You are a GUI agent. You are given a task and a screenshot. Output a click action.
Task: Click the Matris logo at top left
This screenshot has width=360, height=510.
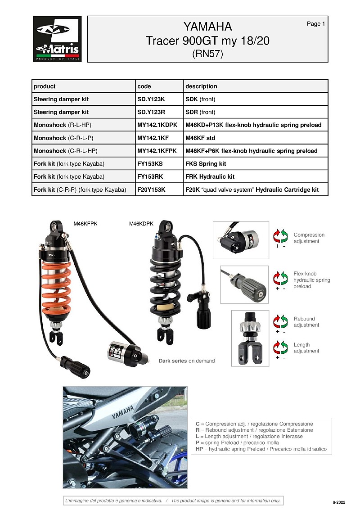click(x=57, y=39)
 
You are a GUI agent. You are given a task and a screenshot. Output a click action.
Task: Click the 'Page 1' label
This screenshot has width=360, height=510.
click(x=315, y=24)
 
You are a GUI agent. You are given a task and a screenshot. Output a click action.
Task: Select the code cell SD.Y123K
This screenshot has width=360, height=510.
click(x=151, y=99)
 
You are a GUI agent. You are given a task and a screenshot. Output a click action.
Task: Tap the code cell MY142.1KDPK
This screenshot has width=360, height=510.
click(x=157, y=125)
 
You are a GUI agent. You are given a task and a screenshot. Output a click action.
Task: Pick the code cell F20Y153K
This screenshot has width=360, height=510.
click(x=151, y=190)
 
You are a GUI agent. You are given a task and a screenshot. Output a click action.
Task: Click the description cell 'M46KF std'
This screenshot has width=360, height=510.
click(x=200, y=138)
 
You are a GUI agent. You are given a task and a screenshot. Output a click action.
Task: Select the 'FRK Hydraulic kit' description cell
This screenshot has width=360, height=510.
click(x=210, y=176)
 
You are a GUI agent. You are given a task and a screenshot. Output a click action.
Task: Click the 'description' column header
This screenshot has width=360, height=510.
click(x=201, y=86)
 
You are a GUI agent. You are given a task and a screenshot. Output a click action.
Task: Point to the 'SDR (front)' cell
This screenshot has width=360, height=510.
click(x=200, y=112)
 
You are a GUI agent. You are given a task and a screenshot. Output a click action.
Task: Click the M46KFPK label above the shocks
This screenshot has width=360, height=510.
click(x=85, y=223)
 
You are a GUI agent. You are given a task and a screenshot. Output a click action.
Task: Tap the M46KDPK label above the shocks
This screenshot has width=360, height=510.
click(x=141, y=223)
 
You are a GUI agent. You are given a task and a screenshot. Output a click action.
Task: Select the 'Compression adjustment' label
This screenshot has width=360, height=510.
click(x=309, y=238)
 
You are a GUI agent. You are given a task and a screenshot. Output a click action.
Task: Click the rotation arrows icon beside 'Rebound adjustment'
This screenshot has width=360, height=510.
click(x=281, y=322)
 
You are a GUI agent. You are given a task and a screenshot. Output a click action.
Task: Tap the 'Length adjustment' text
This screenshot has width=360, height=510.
click(x=306, y=348)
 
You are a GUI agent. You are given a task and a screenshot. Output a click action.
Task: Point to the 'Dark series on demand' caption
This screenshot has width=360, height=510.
click(x=186, y=361)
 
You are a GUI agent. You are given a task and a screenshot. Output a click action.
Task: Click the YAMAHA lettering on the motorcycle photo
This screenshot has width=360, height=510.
click(x=122, y=411)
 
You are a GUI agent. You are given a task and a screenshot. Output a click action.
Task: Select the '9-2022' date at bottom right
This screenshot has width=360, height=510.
click(x=339, y=501)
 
